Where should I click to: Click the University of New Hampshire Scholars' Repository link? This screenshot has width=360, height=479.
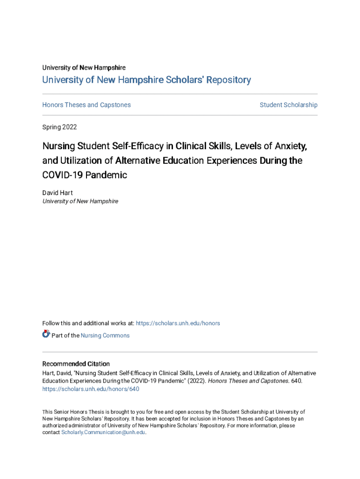146,80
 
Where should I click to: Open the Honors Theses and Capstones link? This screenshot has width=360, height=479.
86,105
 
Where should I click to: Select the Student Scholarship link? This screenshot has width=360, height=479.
288,105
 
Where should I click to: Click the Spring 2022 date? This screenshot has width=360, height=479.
59,127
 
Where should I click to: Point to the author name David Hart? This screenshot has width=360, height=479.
58,193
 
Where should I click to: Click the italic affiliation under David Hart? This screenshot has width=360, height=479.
80,201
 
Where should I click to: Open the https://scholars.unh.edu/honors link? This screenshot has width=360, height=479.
178,323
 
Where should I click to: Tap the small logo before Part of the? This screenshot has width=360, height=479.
46,334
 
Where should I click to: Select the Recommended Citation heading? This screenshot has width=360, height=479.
76,364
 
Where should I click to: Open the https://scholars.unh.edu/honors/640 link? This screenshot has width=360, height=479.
91,389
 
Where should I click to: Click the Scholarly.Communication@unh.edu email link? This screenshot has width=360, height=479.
103,433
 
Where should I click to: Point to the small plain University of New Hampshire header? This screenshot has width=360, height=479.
84,68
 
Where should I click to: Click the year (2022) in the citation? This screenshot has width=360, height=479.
196,381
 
